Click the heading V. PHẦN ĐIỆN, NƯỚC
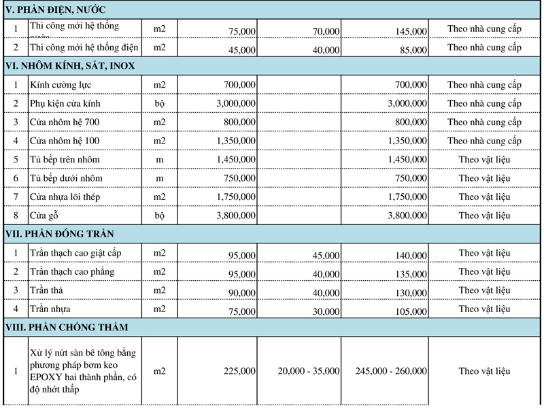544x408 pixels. (x=55, y=10)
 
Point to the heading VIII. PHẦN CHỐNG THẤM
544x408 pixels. (x=66, y=327)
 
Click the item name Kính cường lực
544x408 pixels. (x=61, y=85)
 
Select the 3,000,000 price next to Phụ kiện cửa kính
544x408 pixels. (x=236, y=103)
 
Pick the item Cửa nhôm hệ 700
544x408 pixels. (x=65, y=122)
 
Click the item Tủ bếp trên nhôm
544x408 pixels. (x=65, y=160)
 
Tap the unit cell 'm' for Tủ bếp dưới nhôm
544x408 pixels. (x=159, y=178)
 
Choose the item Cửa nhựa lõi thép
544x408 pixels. (x=66, y=197)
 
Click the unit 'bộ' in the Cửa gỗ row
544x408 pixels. (x=159, y=216)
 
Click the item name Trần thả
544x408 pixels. (x=47, y=290)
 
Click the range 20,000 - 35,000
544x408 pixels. (x=309, y=371)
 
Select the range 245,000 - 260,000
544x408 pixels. (x=393, y=371)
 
